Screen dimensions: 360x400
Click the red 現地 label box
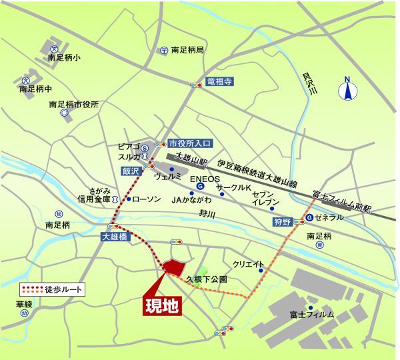pos(163,307)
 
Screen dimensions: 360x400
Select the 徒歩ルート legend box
pos(53,290)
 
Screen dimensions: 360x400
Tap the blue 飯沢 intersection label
pos(130,171)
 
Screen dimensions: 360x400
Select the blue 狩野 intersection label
pos(282,221)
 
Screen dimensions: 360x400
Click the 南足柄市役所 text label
pos(73,105)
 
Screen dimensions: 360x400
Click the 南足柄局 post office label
pos(187,50)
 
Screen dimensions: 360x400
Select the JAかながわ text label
pos(191,199)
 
